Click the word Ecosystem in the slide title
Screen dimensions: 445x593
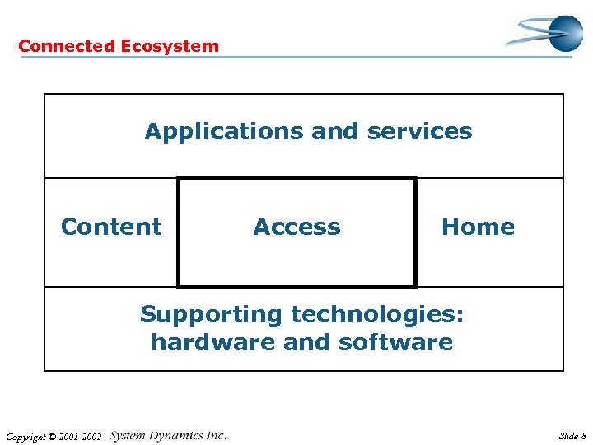click(170, 46)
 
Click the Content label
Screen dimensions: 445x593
click(111, 227)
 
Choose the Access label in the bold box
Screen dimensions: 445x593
click(296, 227)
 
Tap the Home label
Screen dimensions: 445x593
click(478, 227)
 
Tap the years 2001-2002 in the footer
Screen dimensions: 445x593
click(84, 437)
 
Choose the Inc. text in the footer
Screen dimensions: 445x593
click(217, 436)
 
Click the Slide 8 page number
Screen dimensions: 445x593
click(572, 436)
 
